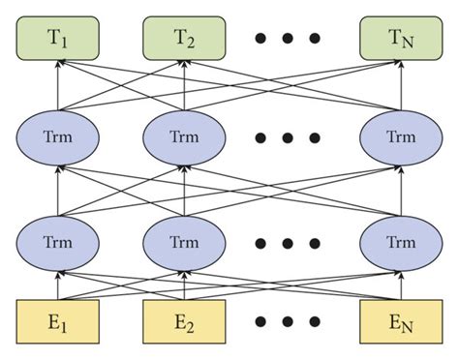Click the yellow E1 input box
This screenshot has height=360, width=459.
click(57, 321)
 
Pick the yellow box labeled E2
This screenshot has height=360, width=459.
click(184, 321)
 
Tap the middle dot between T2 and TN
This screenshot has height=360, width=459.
click(288, 39)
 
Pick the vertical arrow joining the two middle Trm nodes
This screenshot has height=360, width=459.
click(184, 188)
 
